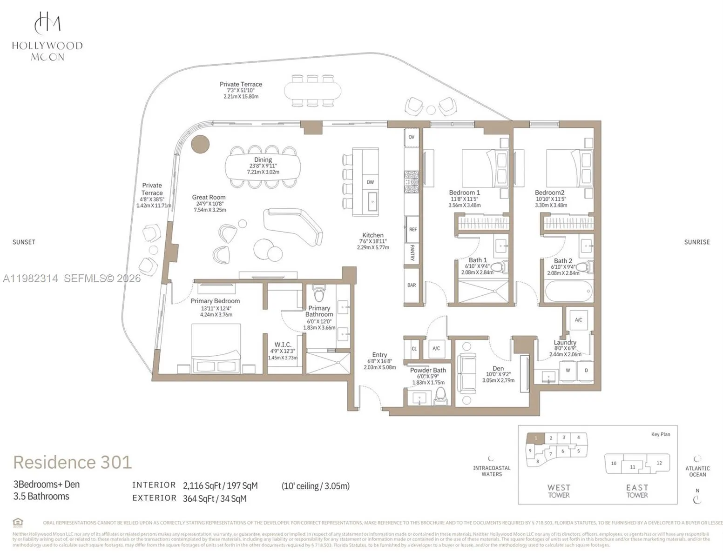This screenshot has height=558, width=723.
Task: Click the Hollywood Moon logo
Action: coord(47,36)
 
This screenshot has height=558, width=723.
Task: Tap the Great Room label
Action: coord(209,198)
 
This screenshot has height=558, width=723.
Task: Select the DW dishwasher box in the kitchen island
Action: coord(370,182)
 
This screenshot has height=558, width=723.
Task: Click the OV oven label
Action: coord(412,137)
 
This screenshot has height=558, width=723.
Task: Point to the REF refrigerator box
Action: coord(412,229)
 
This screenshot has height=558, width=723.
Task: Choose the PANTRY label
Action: coord(412,253)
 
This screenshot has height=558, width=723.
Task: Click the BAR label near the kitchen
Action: coord(412,285)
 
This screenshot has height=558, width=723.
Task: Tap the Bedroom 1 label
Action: coord(464,193)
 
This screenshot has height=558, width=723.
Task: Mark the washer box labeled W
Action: coord(568,371)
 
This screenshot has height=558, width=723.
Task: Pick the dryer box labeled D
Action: coord(586,371)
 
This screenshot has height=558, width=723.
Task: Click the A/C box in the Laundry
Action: coord(578,320)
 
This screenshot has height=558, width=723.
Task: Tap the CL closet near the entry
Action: coord(414,348)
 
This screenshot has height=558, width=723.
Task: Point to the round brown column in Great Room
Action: coord(200,144)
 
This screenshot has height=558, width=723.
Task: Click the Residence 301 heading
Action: coord(73,462)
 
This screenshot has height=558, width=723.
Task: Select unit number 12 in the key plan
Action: coord(659,463)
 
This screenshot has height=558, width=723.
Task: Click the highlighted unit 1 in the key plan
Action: coord(536,438)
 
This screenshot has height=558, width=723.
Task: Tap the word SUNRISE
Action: coord(696,242)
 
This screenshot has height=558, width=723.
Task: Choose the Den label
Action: coord(498,368)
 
